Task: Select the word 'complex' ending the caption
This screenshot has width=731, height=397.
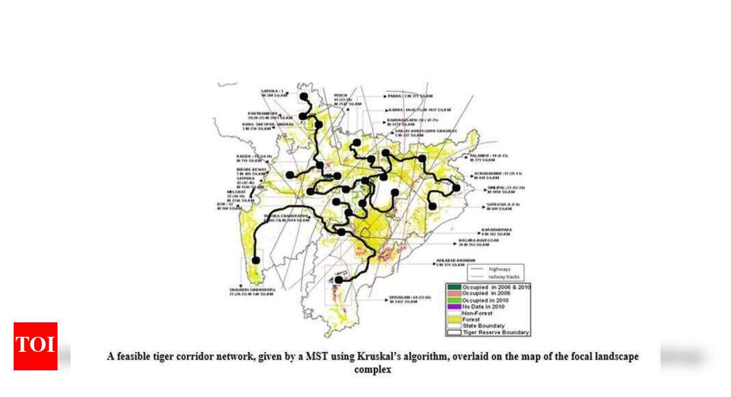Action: [x=373, y=370]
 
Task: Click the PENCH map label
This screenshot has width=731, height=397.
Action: [x=341, y=94]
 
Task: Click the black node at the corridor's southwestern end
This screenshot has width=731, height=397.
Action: [x=256, y=260]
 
